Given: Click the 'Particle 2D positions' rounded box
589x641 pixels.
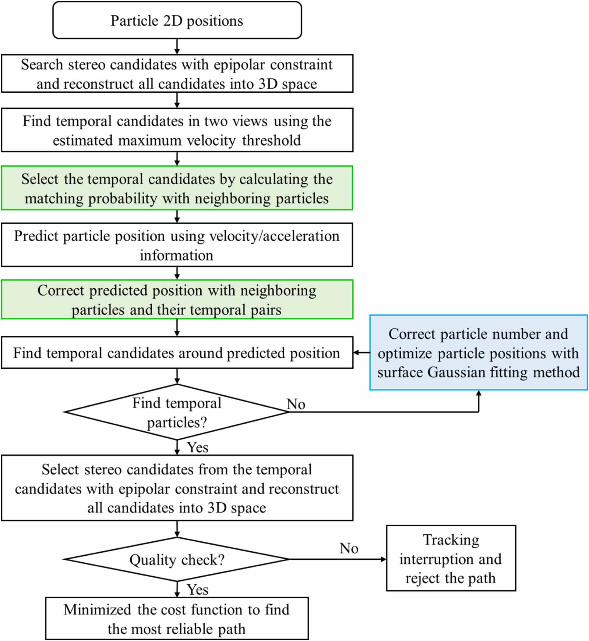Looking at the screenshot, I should [177, 20].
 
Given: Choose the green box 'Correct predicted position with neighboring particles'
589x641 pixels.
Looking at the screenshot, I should [177, 299].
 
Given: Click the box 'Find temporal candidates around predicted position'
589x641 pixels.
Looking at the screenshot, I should [177, 353].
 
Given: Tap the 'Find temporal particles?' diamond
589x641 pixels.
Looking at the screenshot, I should [177, 412].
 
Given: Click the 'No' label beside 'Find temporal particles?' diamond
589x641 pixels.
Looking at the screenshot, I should [296, 404].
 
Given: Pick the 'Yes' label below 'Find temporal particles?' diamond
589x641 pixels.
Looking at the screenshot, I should [197, 448].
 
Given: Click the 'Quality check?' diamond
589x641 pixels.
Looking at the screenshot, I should [177, 560].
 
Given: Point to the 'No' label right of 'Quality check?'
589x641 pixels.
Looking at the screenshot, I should [349, 548].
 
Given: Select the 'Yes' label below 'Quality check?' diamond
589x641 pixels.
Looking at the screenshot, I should [197, 590].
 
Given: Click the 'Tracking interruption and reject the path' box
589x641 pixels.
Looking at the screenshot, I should [451, 559].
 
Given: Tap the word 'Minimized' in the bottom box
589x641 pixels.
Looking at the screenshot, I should [97, 610].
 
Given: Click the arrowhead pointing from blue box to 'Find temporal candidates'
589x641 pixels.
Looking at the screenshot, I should [356, 353].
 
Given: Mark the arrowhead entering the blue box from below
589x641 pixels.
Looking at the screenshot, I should [479, 393].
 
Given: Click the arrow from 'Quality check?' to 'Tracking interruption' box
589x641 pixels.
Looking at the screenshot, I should [337, 559].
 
